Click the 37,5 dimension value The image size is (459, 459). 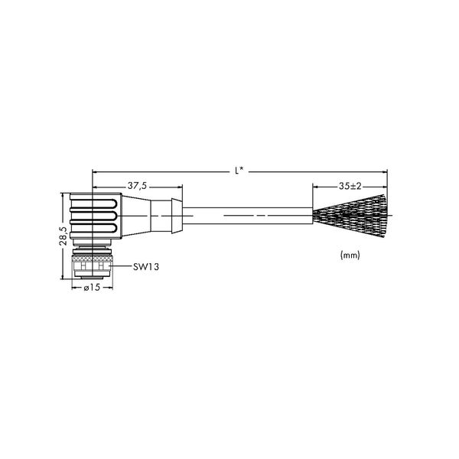point(137,186)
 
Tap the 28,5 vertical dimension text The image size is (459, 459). point(63,236)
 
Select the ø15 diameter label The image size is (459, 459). point(92,288)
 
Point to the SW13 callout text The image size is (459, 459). point(146,267)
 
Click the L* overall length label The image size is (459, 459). point(239,171)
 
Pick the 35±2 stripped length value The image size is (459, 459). point(350,186)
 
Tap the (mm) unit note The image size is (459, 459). point(350,255)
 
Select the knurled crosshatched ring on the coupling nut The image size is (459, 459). point(93,259)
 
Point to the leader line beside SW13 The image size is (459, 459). point(121,266)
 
